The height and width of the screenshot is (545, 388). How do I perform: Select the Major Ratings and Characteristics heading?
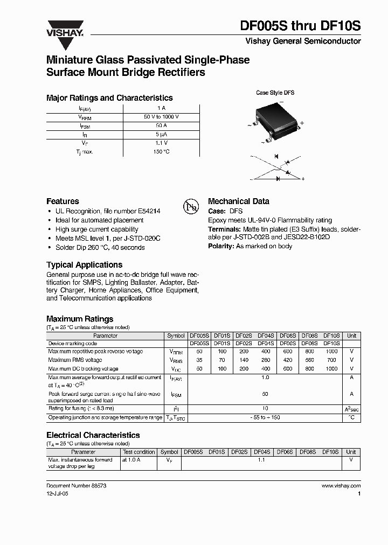click(109, 98)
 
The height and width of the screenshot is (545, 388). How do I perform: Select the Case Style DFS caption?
click(275, 93)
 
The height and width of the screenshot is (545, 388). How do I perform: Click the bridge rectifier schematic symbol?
click(277, 168)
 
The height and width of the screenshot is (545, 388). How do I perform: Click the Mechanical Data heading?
click(238, 201)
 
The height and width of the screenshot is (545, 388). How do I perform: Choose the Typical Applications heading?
click(84, 265)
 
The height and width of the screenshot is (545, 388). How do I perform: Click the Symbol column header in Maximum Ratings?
click(176, 336)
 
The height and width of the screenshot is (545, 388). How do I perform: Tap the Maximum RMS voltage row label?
click(75, 360)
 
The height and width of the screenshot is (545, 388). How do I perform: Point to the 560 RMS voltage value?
click(309, 360)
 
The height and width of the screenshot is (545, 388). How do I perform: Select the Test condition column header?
click(138, 452)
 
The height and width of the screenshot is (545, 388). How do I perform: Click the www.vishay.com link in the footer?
click(341, 486)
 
